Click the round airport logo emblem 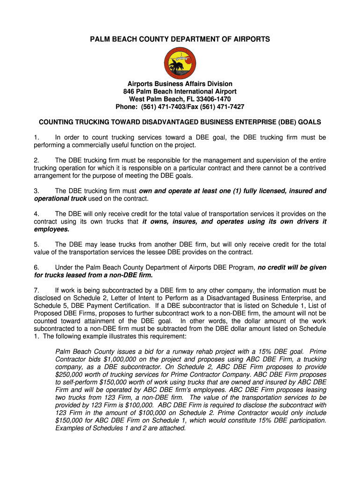(x=180, y=63)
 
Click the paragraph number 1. (x=36, y=138)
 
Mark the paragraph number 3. (x=36, y=191)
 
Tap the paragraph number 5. (x=36, y=244)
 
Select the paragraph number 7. (x=36, y=290)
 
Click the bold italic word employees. (x=51, y=229)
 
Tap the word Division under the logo (x=216, y=84)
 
